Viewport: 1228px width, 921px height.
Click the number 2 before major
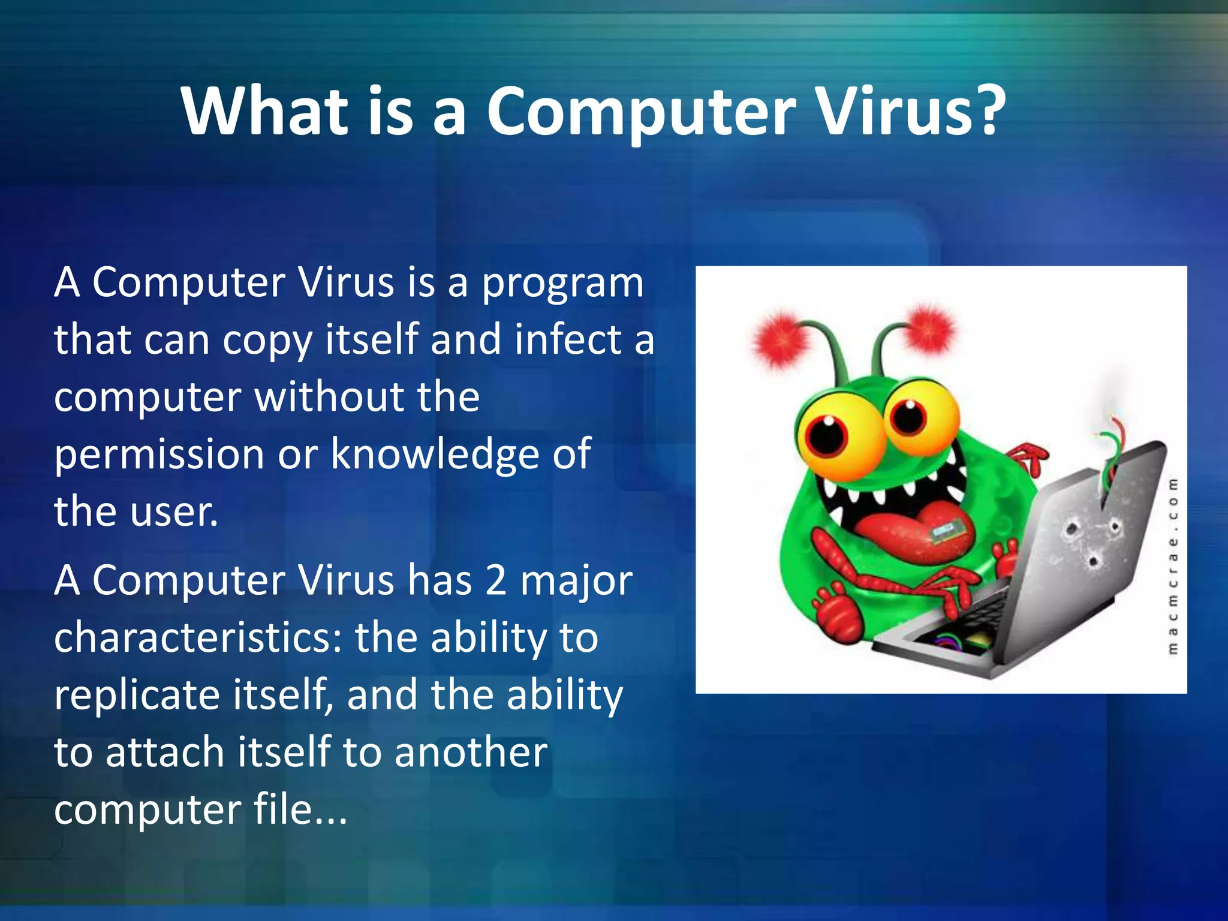[495, 580]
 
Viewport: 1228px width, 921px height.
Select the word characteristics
[197, 638]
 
